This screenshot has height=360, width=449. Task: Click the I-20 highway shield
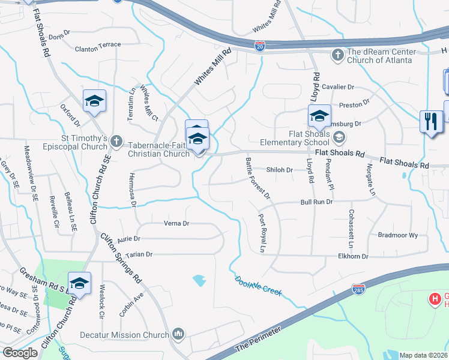259,47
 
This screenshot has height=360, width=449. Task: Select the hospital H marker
433,298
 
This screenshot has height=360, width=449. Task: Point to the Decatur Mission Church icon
178,334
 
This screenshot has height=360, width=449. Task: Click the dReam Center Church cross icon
337,55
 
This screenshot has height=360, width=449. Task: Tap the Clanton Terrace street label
98,44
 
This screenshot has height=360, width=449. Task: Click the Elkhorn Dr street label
403,256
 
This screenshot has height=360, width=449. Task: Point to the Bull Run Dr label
316,202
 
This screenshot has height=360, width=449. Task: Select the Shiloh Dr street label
279,170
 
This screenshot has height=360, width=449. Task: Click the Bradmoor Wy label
398,235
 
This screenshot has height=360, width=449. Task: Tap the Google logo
20,353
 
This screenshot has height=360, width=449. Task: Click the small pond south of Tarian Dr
199,280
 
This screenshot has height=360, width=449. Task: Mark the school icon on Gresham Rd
79,284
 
